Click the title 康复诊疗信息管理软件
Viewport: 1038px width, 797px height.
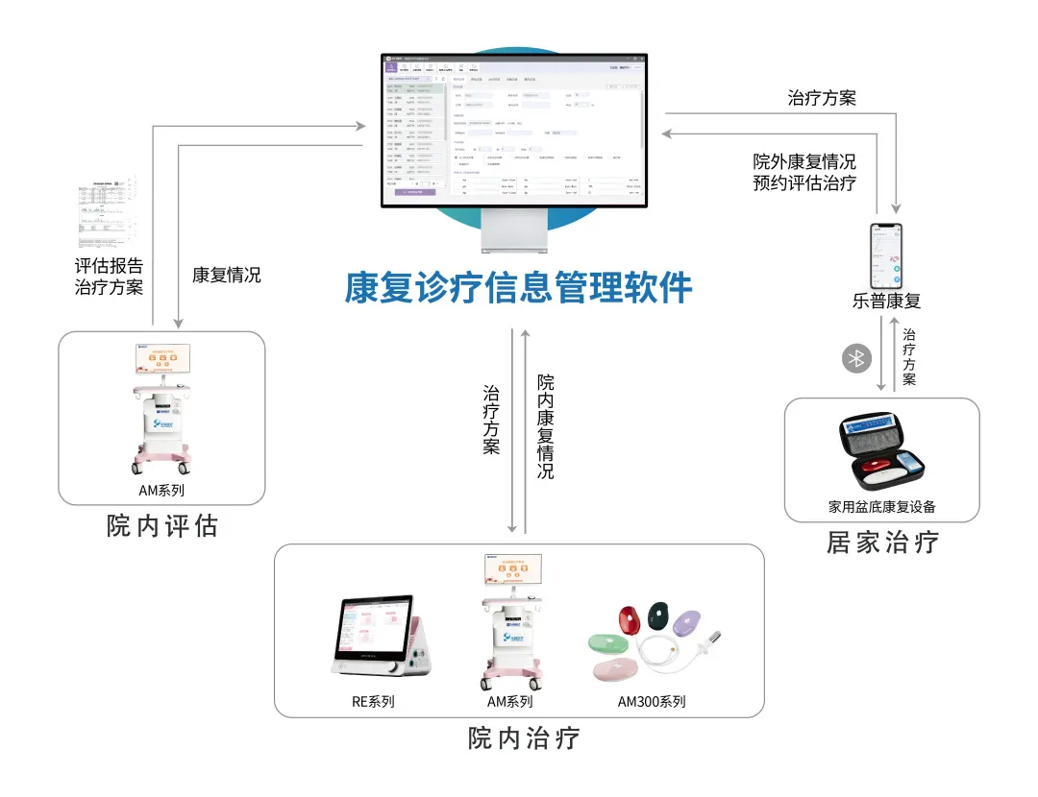coord(518,287)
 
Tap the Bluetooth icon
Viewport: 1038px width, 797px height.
coord(855,359)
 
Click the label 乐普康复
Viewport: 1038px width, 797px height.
coord(886,301)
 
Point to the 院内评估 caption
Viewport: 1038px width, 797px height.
coord(162,526)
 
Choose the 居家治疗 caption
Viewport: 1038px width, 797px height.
coord(882,543)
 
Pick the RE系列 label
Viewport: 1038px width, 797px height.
coord(373,702)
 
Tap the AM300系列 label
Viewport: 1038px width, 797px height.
coord(652,702)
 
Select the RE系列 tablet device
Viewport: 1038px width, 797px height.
coord(377,637)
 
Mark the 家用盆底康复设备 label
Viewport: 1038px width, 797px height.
coord(881,506)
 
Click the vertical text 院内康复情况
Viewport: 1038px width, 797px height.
coord(545,426)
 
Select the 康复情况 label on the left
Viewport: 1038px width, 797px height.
coord(226,275)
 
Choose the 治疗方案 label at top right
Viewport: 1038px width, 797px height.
coord(821,97)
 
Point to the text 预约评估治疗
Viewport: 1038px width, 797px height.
coord(803,182)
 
